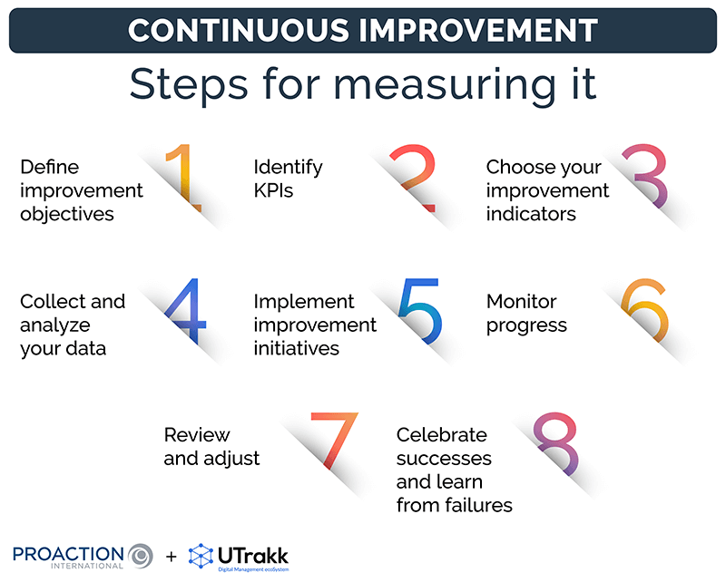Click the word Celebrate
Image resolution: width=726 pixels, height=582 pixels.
[x=442, y=435]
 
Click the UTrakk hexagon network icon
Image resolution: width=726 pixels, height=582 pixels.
[x=201, y=555]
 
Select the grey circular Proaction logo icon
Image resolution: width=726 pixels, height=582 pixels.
[x=141, y=553]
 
